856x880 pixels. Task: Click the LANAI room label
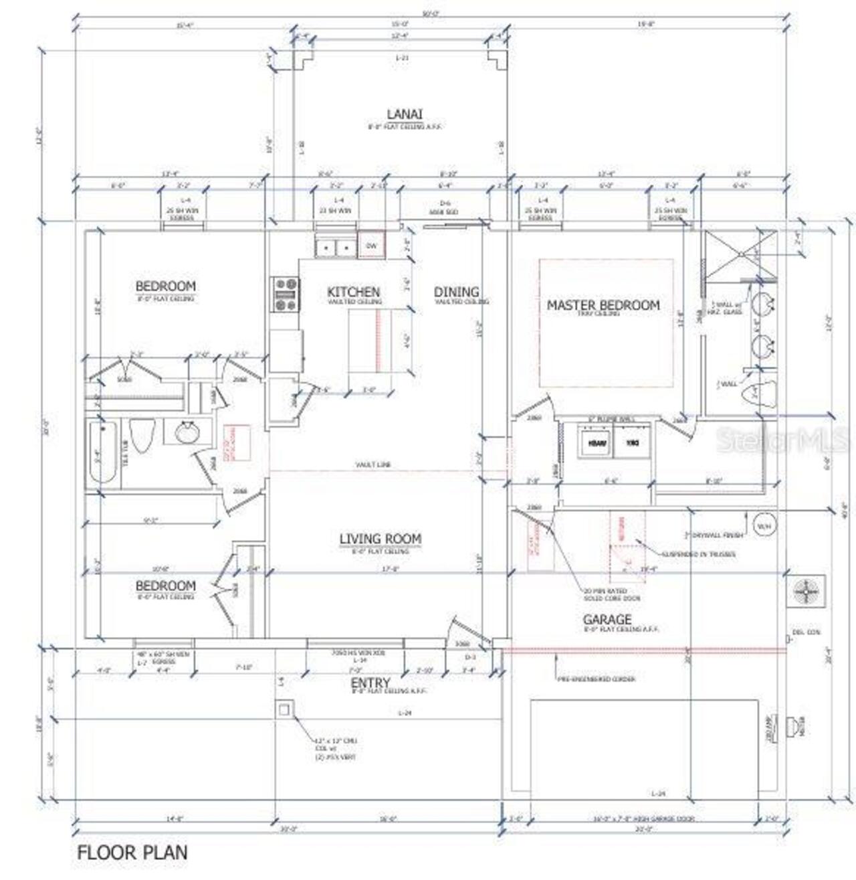point(404,114)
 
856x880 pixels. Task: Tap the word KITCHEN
point(354,292)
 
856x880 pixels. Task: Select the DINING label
point(456,292)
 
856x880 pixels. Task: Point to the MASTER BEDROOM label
point(603,305)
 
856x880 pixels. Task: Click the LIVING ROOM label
point(380,539)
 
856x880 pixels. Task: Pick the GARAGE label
point(607,620)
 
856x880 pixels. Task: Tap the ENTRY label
point(370,683)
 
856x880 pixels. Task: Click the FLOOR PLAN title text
point(132,853)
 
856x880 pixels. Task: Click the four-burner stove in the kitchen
point(286,295)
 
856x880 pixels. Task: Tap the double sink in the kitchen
point(336,248)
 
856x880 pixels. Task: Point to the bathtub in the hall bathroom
point(104,454)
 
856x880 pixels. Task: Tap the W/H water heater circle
point(763,525)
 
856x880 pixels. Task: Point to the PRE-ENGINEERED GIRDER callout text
point(596,679)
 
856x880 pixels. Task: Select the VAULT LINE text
point(373,464)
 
